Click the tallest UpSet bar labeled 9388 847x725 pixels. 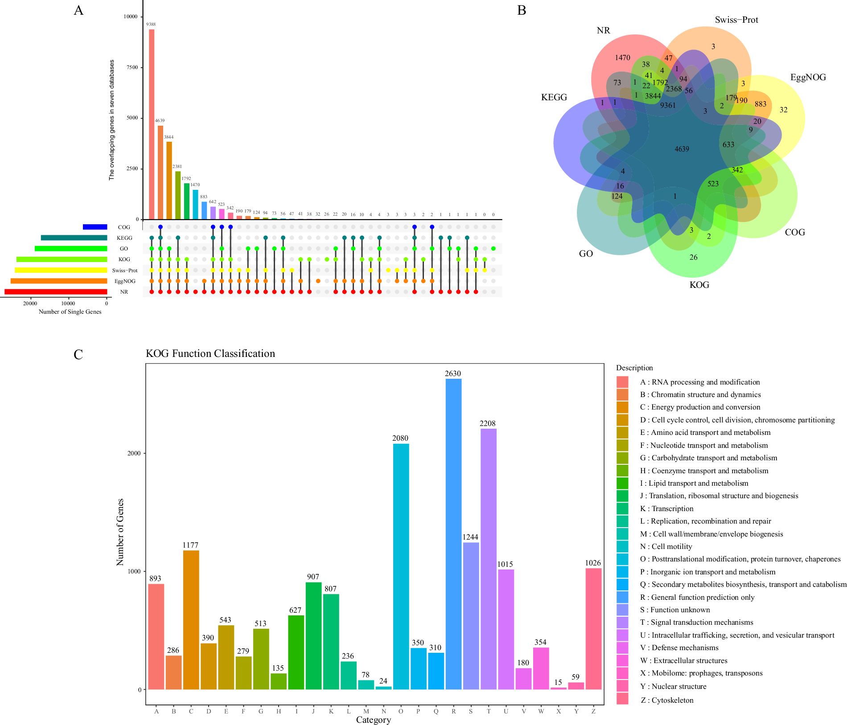click(x=152, y=124)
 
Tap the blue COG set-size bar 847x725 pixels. click(x=95, y=227)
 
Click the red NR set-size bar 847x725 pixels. click(x=56, y=292)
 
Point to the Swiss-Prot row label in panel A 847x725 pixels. click(x=125, y=270)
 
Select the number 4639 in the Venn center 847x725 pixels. click(x=682, y=149)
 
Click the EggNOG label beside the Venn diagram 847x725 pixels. click(x=808, y=78)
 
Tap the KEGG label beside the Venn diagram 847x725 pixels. click(x=554, y=98)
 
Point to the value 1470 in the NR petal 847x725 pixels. click(x=622, y=58)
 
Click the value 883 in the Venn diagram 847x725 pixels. click(x=761, y=104)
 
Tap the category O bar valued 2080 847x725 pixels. click(x=401, y=566)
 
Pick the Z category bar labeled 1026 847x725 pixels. click(x=593, y=628)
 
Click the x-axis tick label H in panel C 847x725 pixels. click(x=279, y=711)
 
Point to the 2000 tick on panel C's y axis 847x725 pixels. click(x=134, y=453)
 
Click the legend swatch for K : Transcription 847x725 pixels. click(x=622, y=509)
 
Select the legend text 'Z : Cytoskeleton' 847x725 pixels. click(x=667, y=700)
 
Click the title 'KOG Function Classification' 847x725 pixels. click(x=210, y=354)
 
